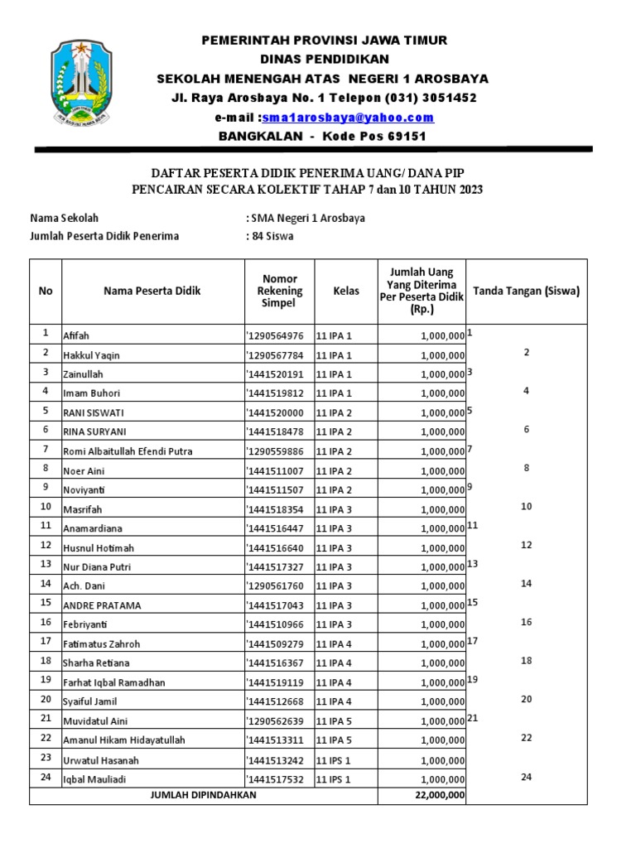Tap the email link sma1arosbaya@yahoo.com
(349, 118)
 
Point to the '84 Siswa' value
(272, 236)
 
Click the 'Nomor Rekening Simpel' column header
(279, 291)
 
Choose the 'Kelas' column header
(346, 291)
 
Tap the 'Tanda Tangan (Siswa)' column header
(526, 291)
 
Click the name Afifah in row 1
(76, 336)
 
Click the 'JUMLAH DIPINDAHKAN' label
(204, 795)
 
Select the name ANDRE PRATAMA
(102, 605)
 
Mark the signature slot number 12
(526, 545)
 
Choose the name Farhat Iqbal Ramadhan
(114, 682)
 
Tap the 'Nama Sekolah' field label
(65, 218)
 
